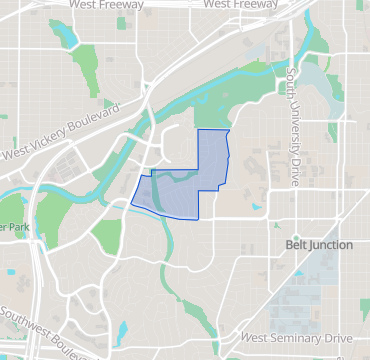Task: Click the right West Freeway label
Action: [243, 5]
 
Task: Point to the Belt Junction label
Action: [318, 244]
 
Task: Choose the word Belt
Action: [296, 244]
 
